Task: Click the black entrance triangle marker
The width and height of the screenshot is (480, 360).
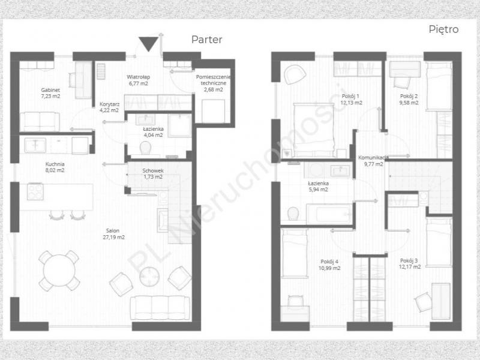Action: click(x=148, y=43)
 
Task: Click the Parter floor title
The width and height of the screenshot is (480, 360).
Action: click(x=206, y=40)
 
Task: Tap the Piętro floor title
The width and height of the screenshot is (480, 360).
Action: click(x=443, y=29)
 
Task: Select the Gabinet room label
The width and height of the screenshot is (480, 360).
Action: click(x=50, y=90)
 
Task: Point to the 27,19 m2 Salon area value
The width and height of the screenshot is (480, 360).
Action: click(x=114, y=237)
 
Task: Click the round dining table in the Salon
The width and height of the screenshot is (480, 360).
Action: click(x=59, y=271)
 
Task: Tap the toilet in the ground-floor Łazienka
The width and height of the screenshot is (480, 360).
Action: click(x=145, y=148)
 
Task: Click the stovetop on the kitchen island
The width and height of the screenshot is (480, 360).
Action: click(x=35, y=191)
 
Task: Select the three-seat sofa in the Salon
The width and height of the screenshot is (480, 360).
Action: click(x=160, y=308)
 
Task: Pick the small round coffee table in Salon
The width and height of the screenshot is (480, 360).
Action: click(x=149, y=277)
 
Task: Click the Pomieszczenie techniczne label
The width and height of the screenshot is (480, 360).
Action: click(x=214, y=80)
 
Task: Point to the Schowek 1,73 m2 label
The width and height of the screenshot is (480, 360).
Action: click(x=153, y=174)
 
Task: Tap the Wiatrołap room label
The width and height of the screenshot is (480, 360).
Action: click(x=139, y=77)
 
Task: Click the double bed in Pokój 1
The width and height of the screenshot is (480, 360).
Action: click(x=314, y=130)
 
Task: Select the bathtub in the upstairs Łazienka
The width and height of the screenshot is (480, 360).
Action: click(x=329, y=214)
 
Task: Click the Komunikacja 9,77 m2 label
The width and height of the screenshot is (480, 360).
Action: click(x=373, y=161)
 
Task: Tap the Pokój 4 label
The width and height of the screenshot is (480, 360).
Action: click(x=329, y=262)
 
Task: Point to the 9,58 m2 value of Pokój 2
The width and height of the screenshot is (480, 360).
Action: click(x=409, y=103)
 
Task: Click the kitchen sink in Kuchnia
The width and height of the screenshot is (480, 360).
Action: click(x=35, y=145)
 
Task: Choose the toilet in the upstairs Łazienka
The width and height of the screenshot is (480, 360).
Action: click(x=293, y=214)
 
